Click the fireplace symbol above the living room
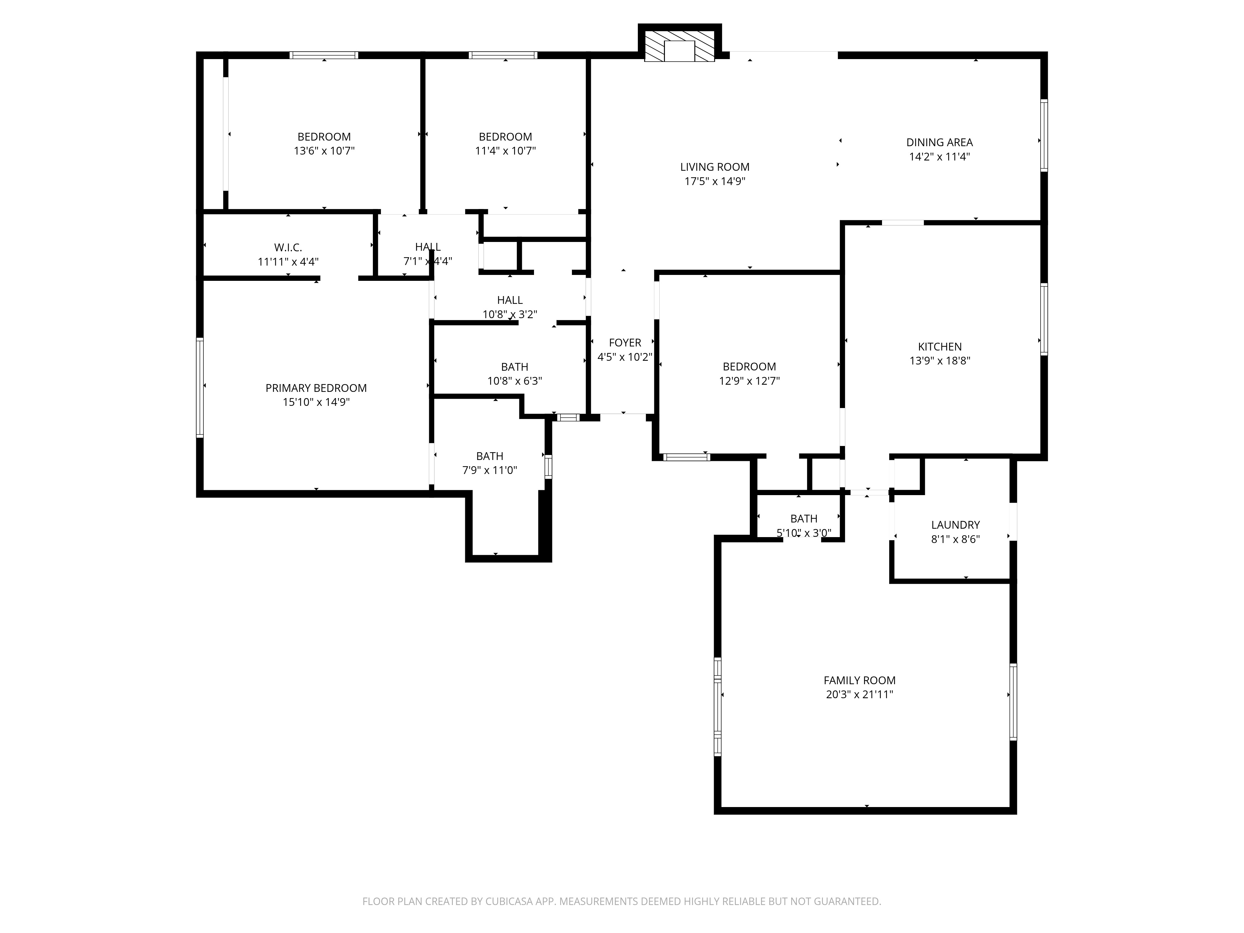pyautogui.click(x=679, y=45)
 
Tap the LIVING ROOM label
pyautogui.click(x=715, y=167)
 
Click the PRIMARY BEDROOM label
pyautogui.click(x=316, y=388)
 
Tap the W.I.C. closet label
pyautogui.click(x=288, y=248)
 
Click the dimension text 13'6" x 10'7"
pyautogui.click(x=324, y=151)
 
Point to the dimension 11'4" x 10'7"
pyautogui.click(x=505, y=151)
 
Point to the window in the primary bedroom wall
pyautogui.click(x=200, y=387)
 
